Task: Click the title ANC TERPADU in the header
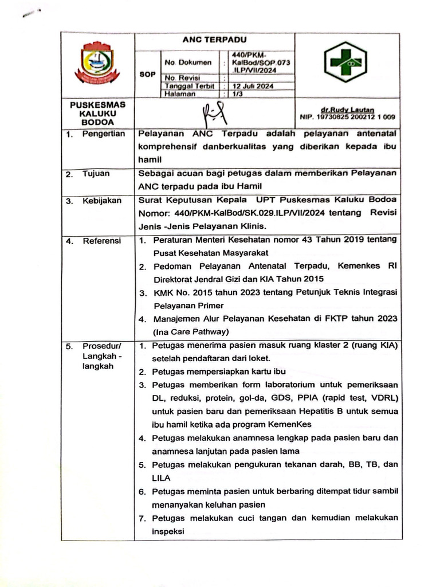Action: coord(214,40)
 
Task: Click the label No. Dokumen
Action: coord(188,62)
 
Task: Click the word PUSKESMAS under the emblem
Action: coord(97,105)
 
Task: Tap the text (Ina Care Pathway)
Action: coord(191,331)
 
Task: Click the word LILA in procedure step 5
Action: coord(161,477)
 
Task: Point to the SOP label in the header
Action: coord(148,74)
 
